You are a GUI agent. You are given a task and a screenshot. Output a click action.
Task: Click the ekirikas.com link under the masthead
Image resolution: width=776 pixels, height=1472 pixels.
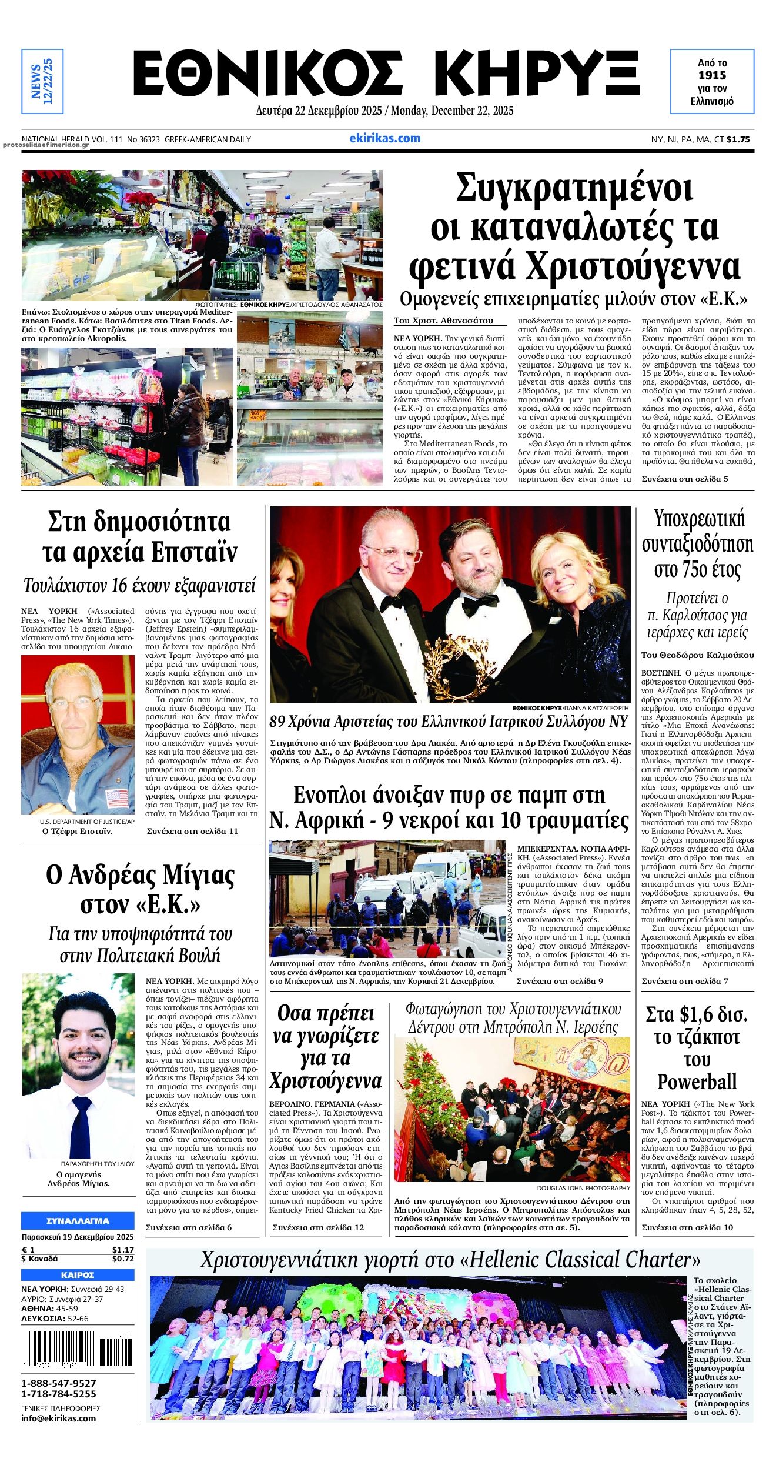coord(384,139)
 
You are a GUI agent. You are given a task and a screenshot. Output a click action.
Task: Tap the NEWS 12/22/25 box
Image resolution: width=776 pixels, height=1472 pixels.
coord(42,81)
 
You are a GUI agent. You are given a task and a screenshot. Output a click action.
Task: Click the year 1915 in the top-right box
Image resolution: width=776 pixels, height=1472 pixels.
coord(712,75)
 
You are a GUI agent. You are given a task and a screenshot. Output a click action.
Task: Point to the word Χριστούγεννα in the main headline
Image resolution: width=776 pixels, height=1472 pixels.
coord(633,266)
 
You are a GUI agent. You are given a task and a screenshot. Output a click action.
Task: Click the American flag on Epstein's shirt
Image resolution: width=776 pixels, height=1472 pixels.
coord(117,798)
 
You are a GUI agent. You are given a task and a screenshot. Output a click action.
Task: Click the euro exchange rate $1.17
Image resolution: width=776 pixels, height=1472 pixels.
coord(123,1250)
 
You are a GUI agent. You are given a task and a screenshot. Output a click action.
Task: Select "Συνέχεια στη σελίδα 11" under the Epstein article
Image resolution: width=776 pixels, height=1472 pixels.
coord(192,831)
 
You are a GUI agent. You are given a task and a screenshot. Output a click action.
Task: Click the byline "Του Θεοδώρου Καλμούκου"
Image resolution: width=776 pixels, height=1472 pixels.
coord(697,655)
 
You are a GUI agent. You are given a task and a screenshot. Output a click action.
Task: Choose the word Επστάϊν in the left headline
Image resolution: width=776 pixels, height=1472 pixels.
coord(193,552)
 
